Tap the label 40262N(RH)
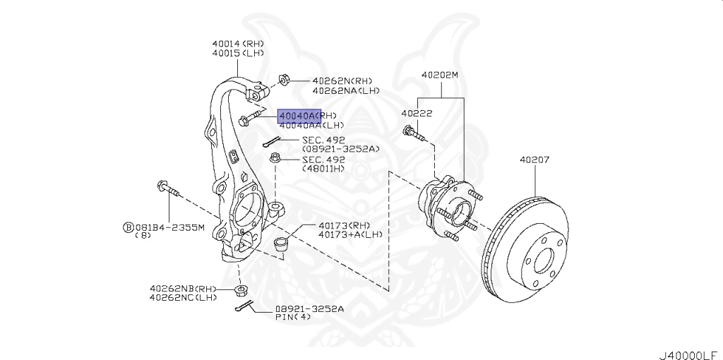(x=342, y=80)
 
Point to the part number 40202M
(x=440, y=74)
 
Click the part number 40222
(x=417, y=113)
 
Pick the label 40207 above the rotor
(x=534, y=160)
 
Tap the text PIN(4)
(x=293, y=318)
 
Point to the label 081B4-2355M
(x=169, y=227)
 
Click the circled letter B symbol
(x=129, y=227)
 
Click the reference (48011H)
(x=324, y=168)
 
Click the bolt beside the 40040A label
(x=251, y=118)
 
